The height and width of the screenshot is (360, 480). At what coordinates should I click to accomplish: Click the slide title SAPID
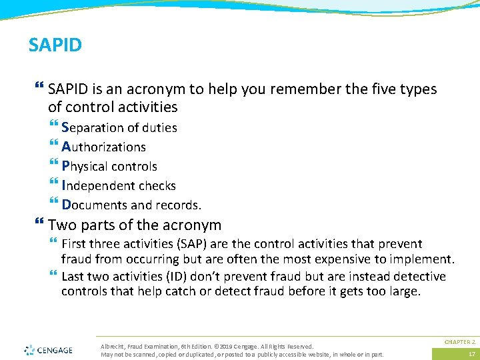pyautogui.click(x=55, y=45)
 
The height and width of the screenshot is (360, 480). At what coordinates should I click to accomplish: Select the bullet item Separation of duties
pyautogui.click(x=119, y=127)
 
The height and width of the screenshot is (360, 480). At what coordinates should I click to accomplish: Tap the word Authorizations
pyautogui.click(x=103, y=147)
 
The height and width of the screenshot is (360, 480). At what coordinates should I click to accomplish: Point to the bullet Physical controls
pyautogui.click(x=109, y=166)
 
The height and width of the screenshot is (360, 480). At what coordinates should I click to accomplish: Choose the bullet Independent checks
pyautogui.click(x=118, y=185)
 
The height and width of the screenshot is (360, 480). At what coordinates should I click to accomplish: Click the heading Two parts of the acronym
pyautogui.click(x=134, y=225)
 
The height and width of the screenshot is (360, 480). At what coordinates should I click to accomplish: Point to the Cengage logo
pyautogui.click(x=48, y=349)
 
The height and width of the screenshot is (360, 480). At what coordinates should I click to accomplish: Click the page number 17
pyautogui.click(x=472, y=354)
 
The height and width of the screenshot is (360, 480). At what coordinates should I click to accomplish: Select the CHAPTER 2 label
pyautogui.click(x=459, y=341)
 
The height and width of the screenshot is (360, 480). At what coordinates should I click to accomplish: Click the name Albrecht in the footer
pyautogui.click(x=112, y=346)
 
